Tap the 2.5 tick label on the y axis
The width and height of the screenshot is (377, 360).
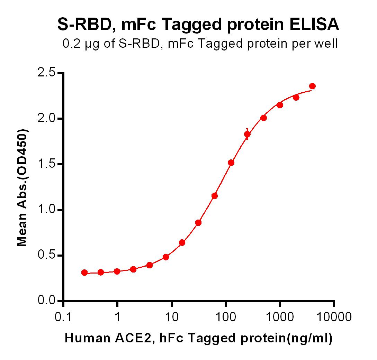[46, 72]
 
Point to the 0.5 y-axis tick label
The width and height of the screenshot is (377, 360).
[46, 255]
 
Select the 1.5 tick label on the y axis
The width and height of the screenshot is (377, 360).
[46, 164]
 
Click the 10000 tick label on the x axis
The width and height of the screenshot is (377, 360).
[334, 317]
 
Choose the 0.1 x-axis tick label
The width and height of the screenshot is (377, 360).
[63, 317]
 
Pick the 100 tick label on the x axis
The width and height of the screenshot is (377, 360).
[225, 317]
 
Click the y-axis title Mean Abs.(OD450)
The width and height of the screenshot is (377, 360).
[22, 188]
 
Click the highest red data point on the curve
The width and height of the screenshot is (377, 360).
[312, 86]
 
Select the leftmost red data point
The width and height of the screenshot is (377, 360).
[84, 273]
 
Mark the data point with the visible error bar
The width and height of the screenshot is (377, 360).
[247, 134]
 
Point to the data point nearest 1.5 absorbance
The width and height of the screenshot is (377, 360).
[231, 163]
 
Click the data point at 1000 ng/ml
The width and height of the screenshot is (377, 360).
[280, 105]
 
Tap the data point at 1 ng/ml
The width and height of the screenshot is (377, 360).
[117, 271]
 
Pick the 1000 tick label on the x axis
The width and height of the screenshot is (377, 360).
[280, 317]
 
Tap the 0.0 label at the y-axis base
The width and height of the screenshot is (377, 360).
[46, 301]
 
